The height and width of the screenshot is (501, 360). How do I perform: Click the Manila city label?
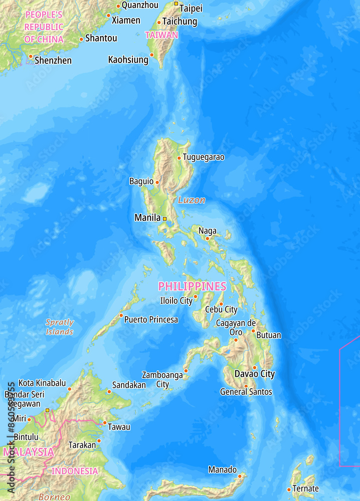click(x=147, y=218)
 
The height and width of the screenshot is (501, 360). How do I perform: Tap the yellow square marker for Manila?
click(x=164, y=218)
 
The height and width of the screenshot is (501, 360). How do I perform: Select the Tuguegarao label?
click(x=204, y=157)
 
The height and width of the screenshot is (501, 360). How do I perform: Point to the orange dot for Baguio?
click(x=157, y=182)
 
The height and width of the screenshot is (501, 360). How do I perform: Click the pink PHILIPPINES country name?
click(x=192, y=287)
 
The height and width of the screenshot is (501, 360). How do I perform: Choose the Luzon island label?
click(x=192, y=200)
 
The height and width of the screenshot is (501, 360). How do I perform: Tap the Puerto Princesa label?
click(x=151, y=320)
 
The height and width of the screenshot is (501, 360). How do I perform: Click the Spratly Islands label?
click(x=60, y=327)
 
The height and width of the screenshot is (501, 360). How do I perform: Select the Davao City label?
click(x=255, y=374)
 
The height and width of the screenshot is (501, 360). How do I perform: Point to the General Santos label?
click(x=246, y=392)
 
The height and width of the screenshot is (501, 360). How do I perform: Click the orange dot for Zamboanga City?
click(x=186, y=371)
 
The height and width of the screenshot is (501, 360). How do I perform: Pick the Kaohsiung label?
click(x=128, y=60)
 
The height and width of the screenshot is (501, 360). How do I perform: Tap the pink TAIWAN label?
click(x=161, y=35)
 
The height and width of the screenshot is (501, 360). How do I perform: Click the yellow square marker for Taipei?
click(x=176, y=4)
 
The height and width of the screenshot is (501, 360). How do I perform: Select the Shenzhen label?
click(x=53, y=61)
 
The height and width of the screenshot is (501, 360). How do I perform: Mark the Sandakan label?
click(x=129, y=385)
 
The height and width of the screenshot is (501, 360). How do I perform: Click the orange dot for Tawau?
click(x=104, y=423)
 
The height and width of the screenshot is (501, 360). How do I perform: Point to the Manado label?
click(x=223, y=469)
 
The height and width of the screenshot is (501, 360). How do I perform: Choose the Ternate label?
click(x=306, y=488)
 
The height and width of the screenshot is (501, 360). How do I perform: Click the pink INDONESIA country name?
click(x=75, y=471)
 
